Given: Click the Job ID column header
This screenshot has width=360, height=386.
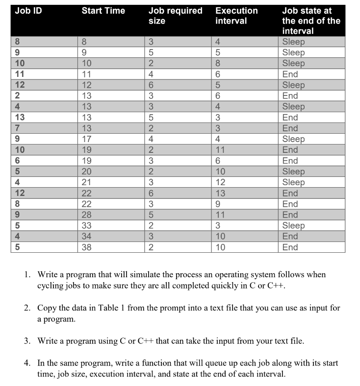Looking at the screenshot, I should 29,11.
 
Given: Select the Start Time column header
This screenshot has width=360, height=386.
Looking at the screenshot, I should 103,11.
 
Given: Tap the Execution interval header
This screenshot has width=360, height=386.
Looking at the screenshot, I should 236,16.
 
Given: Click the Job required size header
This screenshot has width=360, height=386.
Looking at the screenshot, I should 175,16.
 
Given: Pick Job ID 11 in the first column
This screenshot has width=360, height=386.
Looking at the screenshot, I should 20,74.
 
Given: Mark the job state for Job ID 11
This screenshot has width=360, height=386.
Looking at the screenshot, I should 290,74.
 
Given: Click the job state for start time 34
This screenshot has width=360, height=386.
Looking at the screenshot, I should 290,236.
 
